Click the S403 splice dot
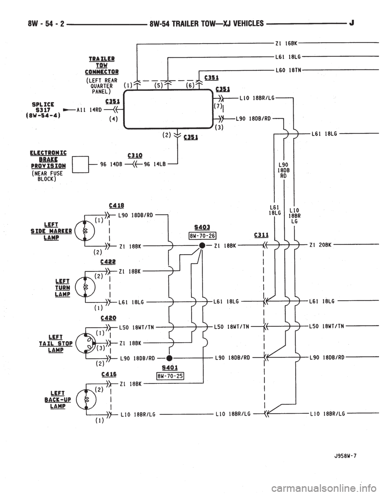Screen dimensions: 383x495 (202, 246)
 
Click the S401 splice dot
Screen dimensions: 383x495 (169, 358)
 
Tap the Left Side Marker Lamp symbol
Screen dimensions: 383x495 (85, 230)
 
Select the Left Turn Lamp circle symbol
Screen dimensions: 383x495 (85, 287)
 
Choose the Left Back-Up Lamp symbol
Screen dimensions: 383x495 (86, 399)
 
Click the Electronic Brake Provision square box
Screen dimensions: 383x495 (81, 165)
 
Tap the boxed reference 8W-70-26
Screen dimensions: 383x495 (203, 236)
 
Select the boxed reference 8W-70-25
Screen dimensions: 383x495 (170, 376)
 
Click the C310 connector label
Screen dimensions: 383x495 (135, 155)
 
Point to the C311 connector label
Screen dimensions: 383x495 (261, 235)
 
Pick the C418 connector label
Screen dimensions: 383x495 (116, 206)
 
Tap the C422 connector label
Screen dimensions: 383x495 (108, 262)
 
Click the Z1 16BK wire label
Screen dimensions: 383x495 (286, 43)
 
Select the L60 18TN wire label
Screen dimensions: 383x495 (288, 70)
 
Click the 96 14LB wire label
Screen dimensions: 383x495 (155, 164)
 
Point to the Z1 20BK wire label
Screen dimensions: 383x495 (320, 245)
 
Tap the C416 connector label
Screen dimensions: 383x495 (109, 374)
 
